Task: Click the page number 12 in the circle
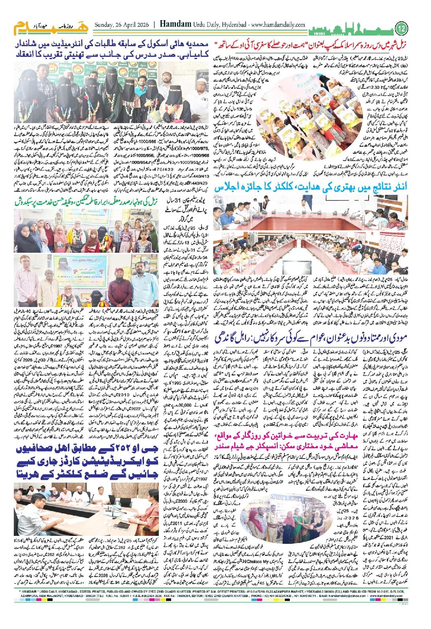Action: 401,29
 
